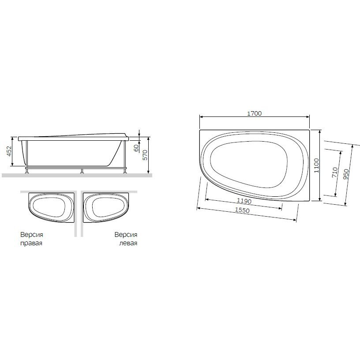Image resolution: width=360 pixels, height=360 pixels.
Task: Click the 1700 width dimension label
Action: coord(255,113)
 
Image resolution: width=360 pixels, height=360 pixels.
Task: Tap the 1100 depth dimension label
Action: coord(317,165)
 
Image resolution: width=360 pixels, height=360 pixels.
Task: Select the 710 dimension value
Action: coord(335,172)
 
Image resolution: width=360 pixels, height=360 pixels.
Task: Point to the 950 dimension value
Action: coord(346,174)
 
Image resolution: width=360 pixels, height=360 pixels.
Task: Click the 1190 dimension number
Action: coord(244,201)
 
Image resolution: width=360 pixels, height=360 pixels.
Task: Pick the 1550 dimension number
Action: coord(242,210)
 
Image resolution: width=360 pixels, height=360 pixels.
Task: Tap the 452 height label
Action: coord(9,151)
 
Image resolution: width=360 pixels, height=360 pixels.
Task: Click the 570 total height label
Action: coord(145,155)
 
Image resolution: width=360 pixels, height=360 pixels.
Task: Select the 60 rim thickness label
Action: coord(136,148)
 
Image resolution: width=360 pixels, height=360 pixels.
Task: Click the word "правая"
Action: coord(31,243)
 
